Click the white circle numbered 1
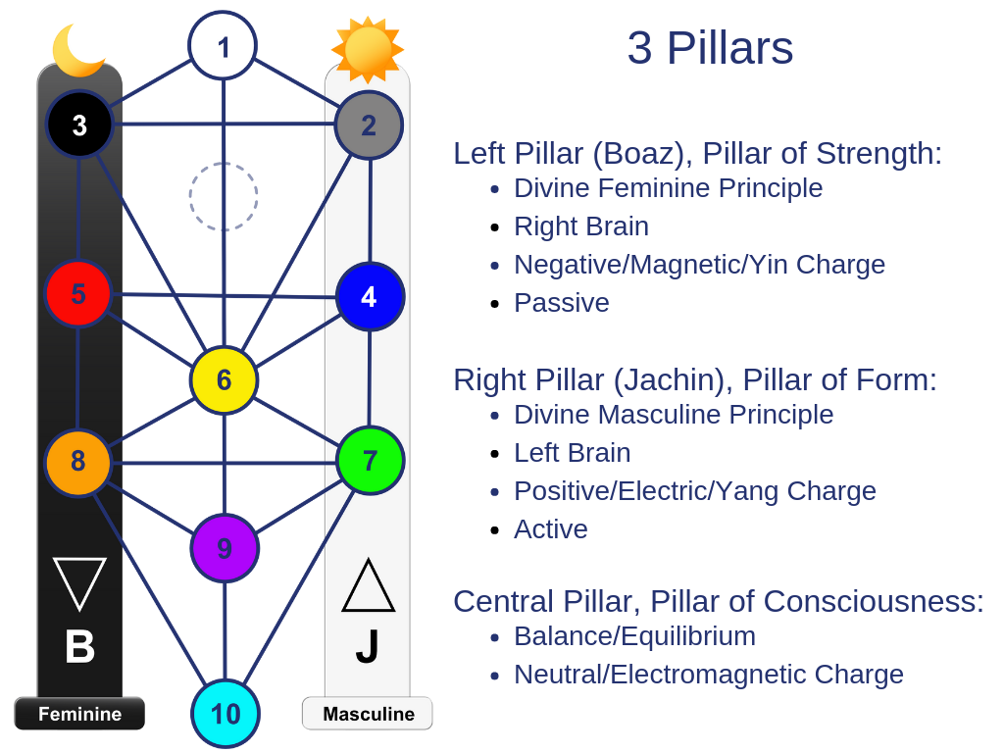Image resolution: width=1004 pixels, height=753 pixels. pyautogui.click(x=223, y=45)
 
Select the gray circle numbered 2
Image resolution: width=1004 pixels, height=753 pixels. pyautogui.click(x=369, y=125)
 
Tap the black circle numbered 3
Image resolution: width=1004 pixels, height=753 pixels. pyautogui.click(x=79, y=125)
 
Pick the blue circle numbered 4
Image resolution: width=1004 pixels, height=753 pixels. pyautogui.click(x=370, y=296)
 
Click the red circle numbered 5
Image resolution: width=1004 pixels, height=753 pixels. pyautogui.click(x=78, y=293)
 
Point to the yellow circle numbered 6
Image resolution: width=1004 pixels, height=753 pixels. pyautogui.click(x=224, y=380)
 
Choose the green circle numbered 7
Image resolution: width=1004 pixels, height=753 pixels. pyautogui.click(x=370, y=460)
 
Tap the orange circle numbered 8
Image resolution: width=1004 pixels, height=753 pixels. pyautogui.click(x=78, y=462)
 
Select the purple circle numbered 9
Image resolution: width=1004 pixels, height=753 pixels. pyautogui.click(x=225, y=548)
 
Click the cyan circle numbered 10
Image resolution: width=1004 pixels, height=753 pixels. pyautogui.click(x=226, y=714)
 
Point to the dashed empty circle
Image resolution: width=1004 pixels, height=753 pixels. pyautogui.click(x=224, y=196)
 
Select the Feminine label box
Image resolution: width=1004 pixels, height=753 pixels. pyautogui.click(x=79, y=714)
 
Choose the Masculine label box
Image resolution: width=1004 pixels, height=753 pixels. pyautogui.click(x=368, y=714)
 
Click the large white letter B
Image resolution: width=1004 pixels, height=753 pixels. pyautogui.click(x=79, y=647)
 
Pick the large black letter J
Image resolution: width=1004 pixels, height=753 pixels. pyautogui.click(x=368, y=647)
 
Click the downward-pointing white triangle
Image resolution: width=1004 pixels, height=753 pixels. pyautogui.click(x=79, y=581)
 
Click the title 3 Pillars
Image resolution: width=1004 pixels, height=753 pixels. pyautogui.click(x=710, y=49)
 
